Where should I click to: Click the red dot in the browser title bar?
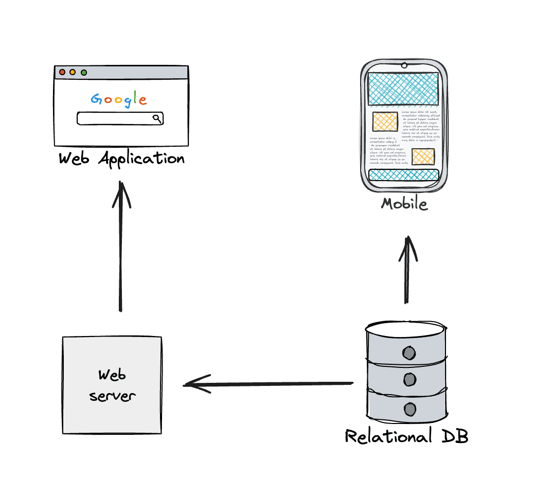pos(62,72)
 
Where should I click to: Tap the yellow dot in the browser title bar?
pos(73,72)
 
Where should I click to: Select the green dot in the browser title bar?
pos(83,72)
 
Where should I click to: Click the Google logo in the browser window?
pos(119,99)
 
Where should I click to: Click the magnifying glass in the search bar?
pos(157,118)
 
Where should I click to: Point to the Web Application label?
pos(121,158)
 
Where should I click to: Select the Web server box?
pos(112,385)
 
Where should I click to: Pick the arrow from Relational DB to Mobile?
pos(408,270)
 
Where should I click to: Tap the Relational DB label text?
pos(406,437)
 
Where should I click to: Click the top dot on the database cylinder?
pos(409,353)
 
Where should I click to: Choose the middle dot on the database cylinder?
pos(409,380)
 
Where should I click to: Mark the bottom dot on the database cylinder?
pos(409,409)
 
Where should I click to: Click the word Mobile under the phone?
pos(404,204)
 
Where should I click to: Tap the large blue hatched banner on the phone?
pos(403,89)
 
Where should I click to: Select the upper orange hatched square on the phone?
pos(385,122)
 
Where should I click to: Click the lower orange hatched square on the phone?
pos(423,156)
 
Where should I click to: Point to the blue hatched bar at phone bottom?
pos(404,175)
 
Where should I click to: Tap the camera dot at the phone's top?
pos(404,65)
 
